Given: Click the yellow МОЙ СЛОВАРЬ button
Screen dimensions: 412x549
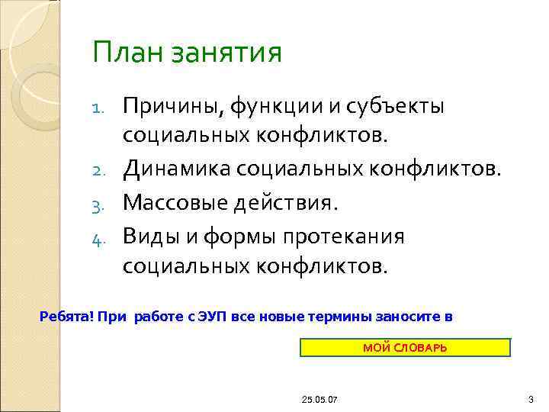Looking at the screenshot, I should point(405,348).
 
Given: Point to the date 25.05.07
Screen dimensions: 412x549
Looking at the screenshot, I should point(320,399).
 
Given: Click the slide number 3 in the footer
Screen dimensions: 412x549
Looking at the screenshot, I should point(530,399).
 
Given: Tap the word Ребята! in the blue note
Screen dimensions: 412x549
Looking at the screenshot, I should point(64,317).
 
